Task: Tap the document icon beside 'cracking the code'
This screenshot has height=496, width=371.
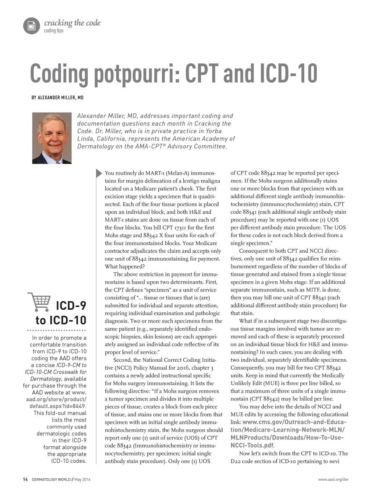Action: [x=32, y=26]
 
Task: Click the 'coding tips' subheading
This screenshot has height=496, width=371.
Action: [x=54, y=31]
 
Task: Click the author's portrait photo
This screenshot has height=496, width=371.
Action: [x=52, y=138]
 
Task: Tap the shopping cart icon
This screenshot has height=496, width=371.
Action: [x=39, y=302]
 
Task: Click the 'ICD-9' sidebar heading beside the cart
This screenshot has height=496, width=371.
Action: [x=71, y=306]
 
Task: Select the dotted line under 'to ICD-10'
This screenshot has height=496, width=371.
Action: [x=57, y=331]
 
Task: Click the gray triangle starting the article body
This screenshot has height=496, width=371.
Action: [x=99, y=173]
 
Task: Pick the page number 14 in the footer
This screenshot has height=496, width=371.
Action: [x=25, y=480]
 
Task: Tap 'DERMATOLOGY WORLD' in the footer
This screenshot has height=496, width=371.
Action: [x=51, y=480]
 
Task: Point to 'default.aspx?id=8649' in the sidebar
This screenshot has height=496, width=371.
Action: [x=58, y=406]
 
